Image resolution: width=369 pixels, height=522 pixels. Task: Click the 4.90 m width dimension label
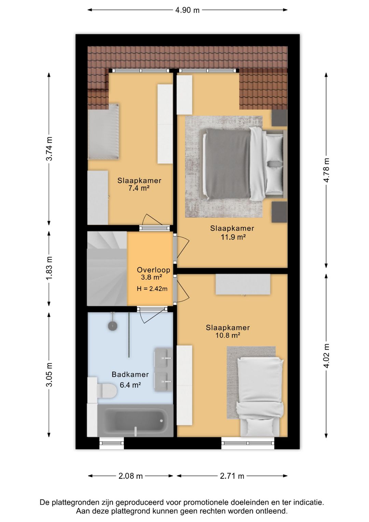[187, 10]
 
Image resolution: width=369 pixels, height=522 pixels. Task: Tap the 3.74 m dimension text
[49, 149]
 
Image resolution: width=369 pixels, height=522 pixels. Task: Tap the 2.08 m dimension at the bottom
[131, 476]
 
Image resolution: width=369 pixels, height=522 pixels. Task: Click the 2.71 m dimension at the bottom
[232, 476]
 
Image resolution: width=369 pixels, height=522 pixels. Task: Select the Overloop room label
[153, 270]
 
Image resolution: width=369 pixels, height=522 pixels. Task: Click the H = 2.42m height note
[152, 289]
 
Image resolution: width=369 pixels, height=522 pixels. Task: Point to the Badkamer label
[130, 375]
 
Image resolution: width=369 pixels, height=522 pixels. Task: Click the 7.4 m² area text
[139, 188]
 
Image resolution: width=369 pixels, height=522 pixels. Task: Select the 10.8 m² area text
[228, 335]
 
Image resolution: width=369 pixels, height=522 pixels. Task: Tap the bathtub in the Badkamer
[135, 421]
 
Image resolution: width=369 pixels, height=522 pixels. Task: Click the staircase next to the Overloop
[107, 268]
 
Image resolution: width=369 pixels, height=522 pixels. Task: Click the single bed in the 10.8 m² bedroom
[260, 396]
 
